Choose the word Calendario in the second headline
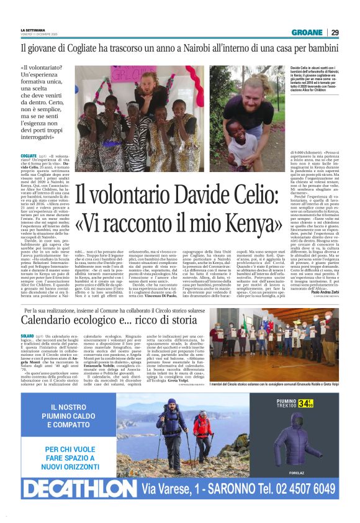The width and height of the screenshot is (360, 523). [49, 320]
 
